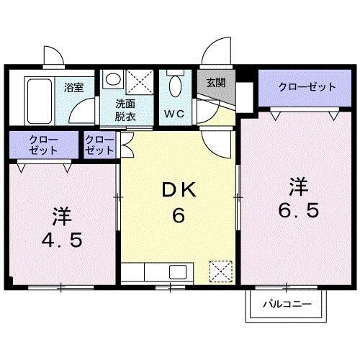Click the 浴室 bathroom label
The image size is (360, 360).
[x=74, y=88]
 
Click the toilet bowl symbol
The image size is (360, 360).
[x=174, y=87]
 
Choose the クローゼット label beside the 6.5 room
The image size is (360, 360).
[x=307, y=87]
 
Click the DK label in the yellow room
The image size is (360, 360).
[x=176, y=190]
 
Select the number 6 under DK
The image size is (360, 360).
[x=176, y=215]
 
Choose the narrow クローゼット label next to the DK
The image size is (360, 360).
[x=99, y=145]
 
